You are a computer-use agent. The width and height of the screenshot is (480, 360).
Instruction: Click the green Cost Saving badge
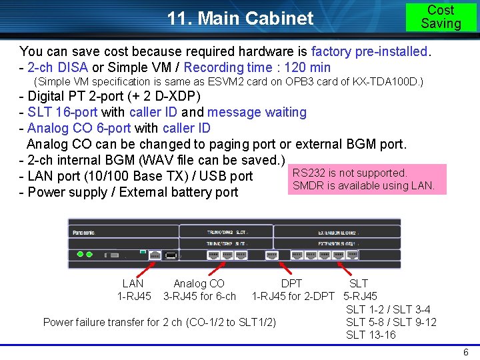click(x=441, y=17)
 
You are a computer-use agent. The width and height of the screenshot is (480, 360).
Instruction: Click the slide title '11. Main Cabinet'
click(x=240, y=18)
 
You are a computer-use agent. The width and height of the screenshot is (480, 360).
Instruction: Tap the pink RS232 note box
click(x=367, y=179)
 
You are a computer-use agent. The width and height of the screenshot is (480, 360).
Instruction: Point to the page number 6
click(x=465, y=352)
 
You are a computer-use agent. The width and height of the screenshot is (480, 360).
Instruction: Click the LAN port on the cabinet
click(x=155, y=255)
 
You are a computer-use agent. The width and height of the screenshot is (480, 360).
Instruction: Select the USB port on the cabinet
click(x=171, y=255)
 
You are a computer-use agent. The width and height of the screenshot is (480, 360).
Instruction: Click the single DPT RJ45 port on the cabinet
click(x=271, y=255)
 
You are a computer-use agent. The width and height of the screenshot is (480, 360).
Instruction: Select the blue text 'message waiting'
click(x=257, y=112)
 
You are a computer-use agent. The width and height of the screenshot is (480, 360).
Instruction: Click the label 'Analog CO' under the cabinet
click(x=199, y=284)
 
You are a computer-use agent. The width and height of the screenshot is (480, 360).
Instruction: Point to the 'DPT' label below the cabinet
click(x=291, y=284)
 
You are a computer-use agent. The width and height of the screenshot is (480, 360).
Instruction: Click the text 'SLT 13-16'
click(x=371, y=335)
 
